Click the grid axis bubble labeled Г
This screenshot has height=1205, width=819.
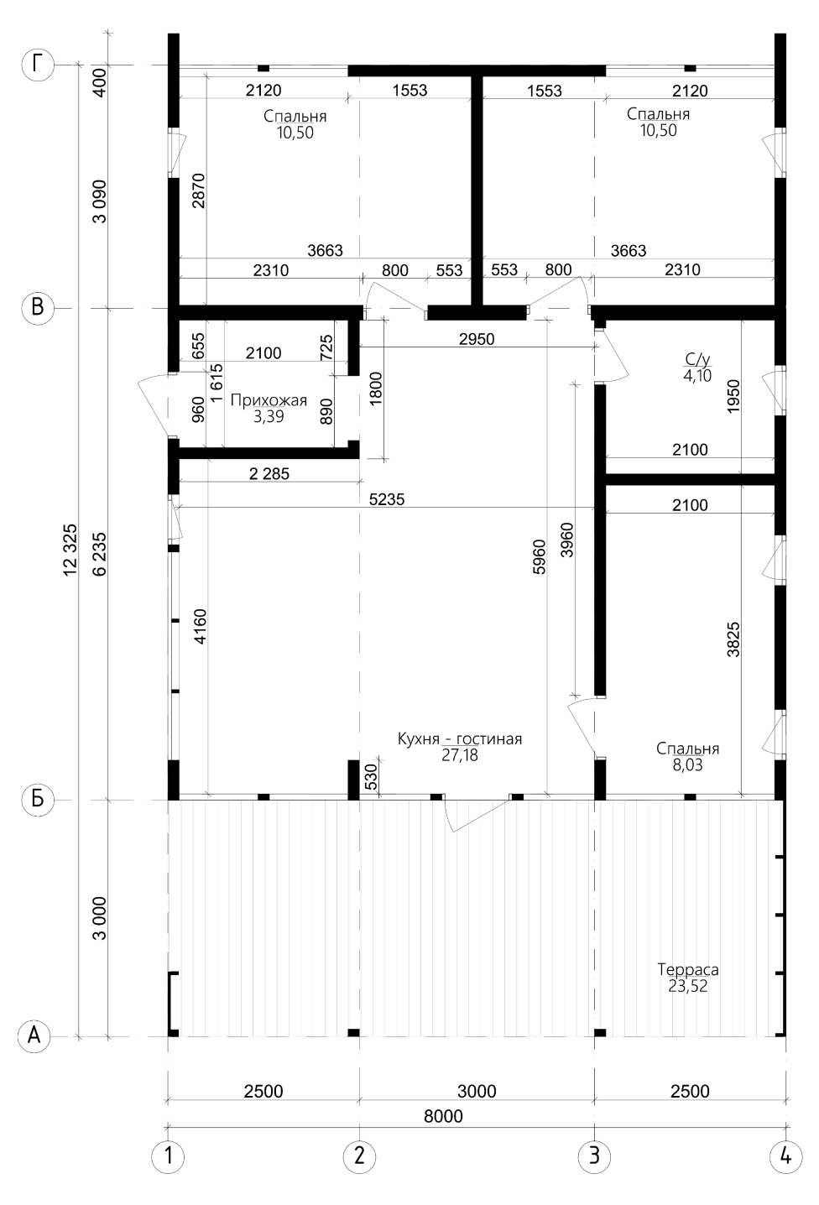[x=38, y=65]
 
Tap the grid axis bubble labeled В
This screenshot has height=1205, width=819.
[x=38, y=308]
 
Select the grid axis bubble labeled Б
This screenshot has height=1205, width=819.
[x=38, y=799]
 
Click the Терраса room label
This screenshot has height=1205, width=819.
[x=688, y=970]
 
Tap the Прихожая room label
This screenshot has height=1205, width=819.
[x=269, y=400]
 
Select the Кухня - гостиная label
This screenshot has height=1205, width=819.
[x=460, y=738]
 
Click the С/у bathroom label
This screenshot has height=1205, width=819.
[x=697, y=359]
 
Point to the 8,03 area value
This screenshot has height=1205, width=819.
[x=688, y=764]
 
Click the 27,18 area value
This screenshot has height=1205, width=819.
[x=460, y=754]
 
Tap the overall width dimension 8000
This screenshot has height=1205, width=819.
[x=443, y=1116]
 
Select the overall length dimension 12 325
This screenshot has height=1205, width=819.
[x=71, y=550]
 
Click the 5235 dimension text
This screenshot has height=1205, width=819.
[x=387, y=500]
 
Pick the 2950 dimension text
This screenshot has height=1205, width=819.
[x=477, y=339]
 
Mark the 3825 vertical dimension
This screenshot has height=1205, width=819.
[x=733, y=639]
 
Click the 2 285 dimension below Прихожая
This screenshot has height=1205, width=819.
[x=269, y=473]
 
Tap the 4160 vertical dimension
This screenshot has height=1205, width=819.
[x=201, y=626]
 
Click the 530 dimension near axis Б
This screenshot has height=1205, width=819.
[x=371, y=777]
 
